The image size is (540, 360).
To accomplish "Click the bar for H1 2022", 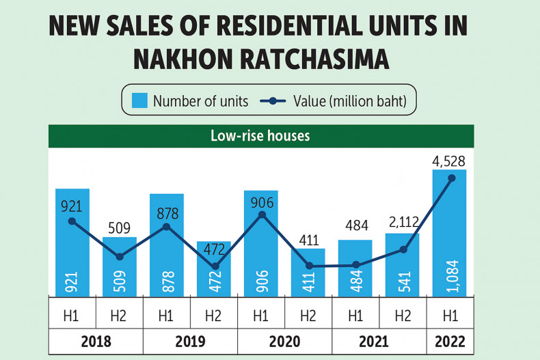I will coord(449,232).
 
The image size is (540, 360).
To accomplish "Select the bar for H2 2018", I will coord(120,266).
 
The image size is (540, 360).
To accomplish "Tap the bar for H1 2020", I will coord(260,243).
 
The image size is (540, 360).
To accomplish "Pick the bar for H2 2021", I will coord(402,265).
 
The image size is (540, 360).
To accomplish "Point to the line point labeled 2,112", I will coord(403,249).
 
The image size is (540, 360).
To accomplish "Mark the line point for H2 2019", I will coord(215,266).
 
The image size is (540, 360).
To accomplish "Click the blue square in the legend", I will coord(139,101).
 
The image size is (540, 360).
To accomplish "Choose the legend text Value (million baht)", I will coord(350,101).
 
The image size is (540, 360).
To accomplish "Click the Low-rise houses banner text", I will coord(260,136).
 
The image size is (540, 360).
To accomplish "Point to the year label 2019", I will coord(190,341).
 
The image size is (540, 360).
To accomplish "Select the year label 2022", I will coord(450,341).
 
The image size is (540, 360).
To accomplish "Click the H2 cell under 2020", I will coord(308,316).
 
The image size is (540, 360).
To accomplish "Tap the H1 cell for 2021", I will coord(355,316).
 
